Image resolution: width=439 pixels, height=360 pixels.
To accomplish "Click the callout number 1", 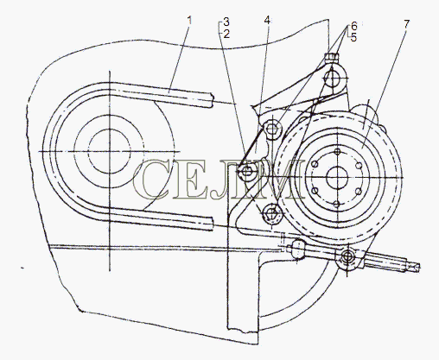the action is click(189, 21).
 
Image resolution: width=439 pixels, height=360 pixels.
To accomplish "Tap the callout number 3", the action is click(226, 22).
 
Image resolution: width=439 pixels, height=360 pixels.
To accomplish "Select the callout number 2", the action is click(226, 35).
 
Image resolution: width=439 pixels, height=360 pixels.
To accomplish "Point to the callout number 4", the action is click(267, 21).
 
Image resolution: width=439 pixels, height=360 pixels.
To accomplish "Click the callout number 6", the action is click(353, 26).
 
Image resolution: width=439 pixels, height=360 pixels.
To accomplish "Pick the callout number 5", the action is click(353, 37).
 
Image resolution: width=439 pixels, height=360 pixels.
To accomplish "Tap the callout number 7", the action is click(406, 24).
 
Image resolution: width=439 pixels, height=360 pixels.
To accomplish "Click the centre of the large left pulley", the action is click(110, 151).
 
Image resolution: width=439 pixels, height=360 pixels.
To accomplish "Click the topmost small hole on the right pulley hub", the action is click(337, 152).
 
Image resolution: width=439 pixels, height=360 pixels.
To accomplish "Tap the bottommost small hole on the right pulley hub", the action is click(337, 204).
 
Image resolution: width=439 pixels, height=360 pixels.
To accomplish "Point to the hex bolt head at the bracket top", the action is click(332, 56).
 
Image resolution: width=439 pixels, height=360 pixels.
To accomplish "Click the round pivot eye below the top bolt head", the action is click(332, 78).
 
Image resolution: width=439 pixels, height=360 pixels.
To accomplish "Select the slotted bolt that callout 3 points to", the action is click(246, 172).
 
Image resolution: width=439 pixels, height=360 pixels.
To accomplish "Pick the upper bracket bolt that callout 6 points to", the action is click(271, 129).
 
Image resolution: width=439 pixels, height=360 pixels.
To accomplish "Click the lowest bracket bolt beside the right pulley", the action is click(271, 213).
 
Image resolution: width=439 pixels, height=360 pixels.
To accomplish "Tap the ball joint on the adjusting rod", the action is click(297, 249).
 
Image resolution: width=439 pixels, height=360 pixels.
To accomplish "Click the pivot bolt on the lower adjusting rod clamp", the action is click(348, 256).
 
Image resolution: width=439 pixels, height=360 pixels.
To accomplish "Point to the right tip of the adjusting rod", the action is click(420, 268).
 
